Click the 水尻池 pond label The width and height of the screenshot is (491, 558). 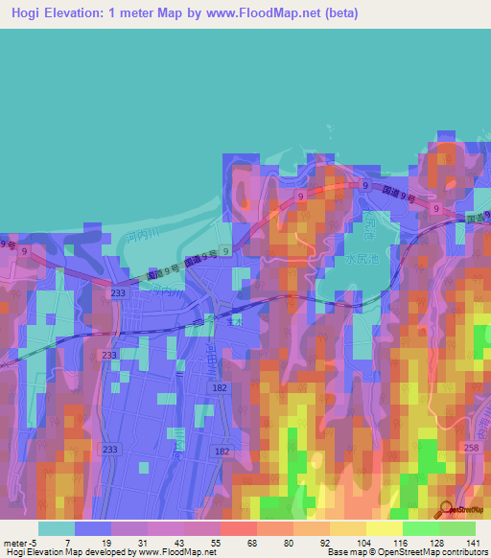[363, 259]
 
